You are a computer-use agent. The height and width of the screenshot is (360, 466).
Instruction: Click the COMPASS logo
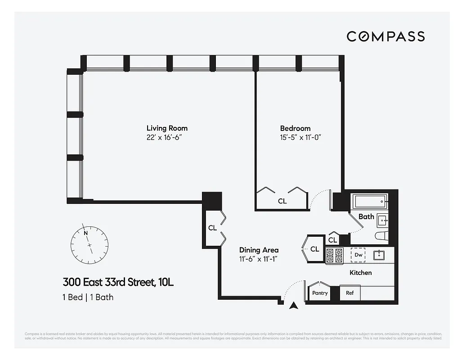[385, 36]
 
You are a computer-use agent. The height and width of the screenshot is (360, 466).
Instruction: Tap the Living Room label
[167, 128]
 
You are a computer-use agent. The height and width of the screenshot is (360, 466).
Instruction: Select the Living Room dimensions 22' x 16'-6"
[167, 137]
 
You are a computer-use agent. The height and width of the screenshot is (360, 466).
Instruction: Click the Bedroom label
[295, 128]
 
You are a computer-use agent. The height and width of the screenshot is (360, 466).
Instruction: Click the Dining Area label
[259, 250]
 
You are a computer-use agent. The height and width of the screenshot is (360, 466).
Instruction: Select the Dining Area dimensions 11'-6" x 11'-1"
[259, 259]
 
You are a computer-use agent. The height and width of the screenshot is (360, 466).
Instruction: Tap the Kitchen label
[361, 273]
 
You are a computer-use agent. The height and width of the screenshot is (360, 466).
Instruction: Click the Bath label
[366, 216]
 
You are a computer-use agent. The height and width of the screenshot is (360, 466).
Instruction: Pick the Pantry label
[320, 293]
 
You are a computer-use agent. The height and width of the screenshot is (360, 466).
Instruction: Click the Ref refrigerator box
[349, 293]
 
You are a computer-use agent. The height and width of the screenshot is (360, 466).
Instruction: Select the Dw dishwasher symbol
[358, 255]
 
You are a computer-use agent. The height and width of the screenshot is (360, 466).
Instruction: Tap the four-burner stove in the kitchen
[335, 256]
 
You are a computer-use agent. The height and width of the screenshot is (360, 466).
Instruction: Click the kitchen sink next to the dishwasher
[378, 255]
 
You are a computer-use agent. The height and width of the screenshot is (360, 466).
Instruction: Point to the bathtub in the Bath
[370, 201]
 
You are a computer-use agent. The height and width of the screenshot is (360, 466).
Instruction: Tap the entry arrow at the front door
[294, 306]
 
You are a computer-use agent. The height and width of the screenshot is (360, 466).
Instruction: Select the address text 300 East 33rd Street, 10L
[118, 283]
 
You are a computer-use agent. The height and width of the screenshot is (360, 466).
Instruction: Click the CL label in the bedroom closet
[282, 201]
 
